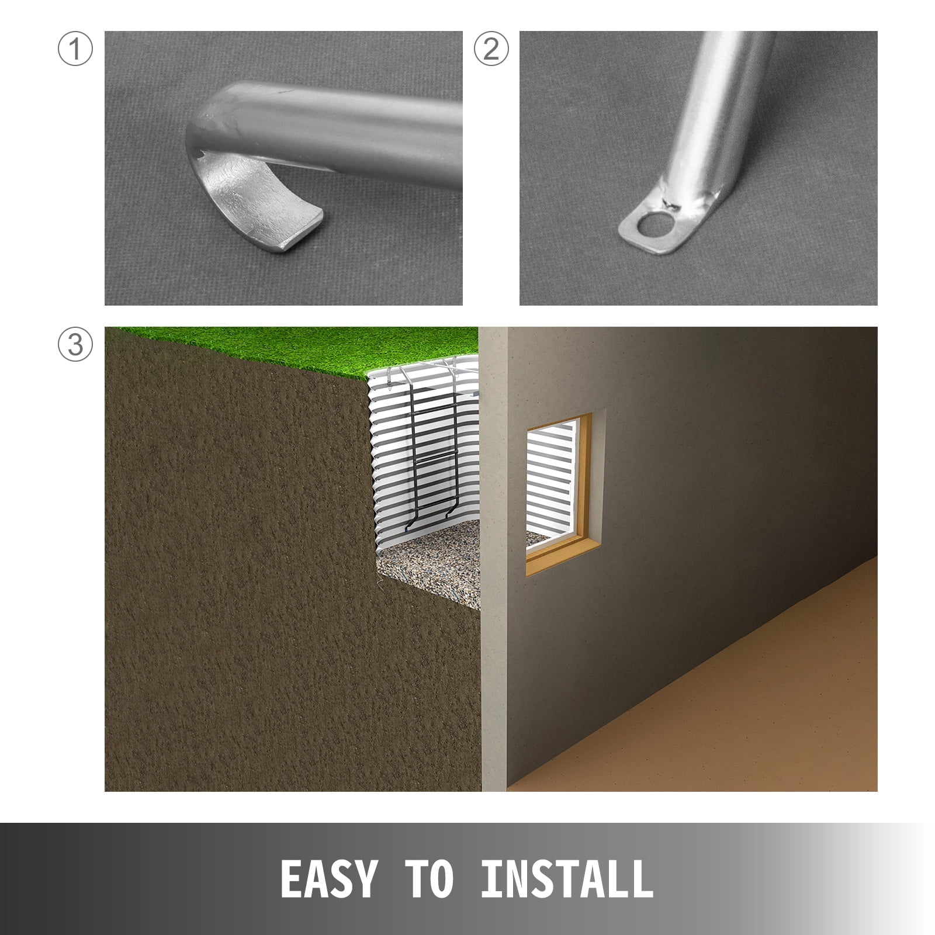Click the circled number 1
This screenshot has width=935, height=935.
pyautogui.click(x=75, y=49)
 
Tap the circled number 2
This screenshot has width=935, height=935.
pyautogui.click(x=491, y=49)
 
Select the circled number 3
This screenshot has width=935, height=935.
pyautogui.click(x=75, y=344)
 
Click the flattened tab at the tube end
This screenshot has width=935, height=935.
pyautogui.click(x=666, y=225)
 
